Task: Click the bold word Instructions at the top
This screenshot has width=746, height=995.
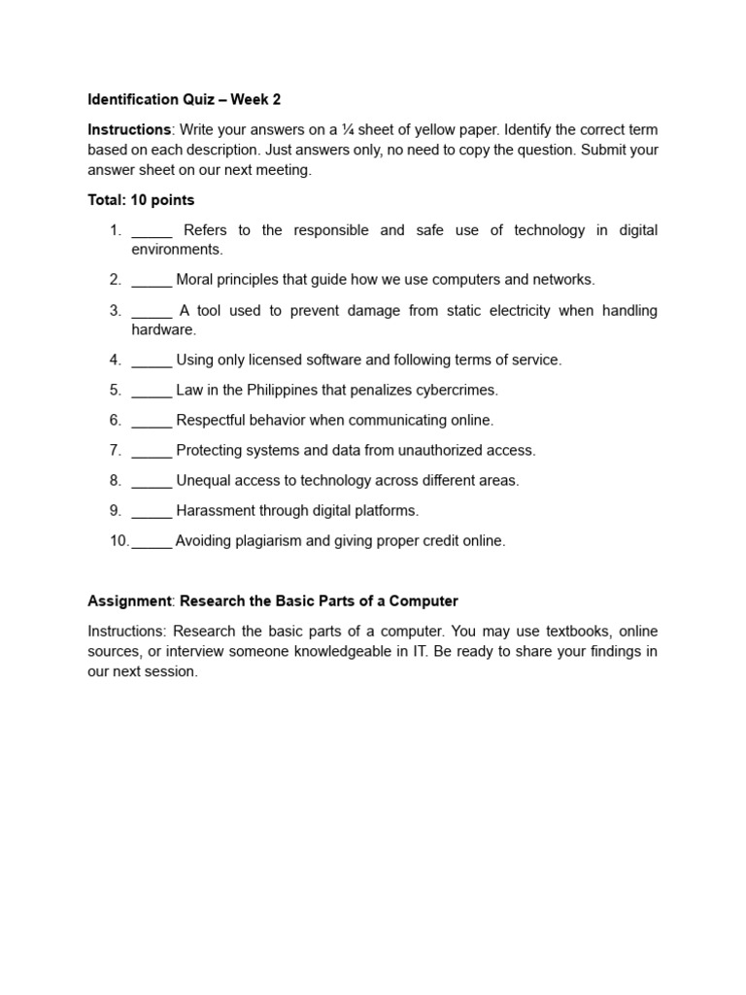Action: pyautogui.click(x=129, y=129)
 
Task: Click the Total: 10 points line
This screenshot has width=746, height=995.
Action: pyautogui.click(x=141, y=200)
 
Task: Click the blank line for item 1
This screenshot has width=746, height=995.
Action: pyautogui.click(x=152, y=231)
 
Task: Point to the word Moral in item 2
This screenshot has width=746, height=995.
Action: pyautogui.click(x=195, y=280)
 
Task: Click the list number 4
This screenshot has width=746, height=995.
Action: pyautogui.click(x=115, y=360)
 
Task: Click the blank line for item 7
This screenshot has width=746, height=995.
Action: pyautogui.click(x=152, y=451)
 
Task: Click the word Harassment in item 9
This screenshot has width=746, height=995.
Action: pyautogui.click(x=218, y=510)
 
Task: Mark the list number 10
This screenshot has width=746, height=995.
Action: pyautogui.click(x=119, y=541)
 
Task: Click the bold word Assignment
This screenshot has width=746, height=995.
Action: pyautogui.click(x=129, y=600)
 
